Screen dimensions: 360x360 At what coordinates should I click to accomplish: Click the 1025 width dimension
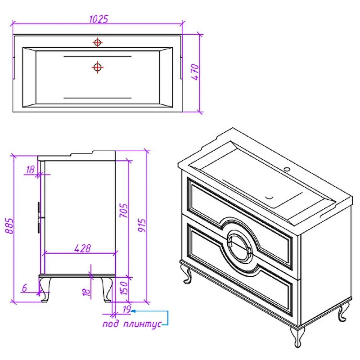(99, 19)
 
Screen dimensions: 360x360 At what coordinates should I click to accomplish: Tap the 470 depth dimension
(195, 72)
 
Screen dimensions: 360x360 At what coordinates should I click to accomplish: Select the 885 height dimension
(9, 226)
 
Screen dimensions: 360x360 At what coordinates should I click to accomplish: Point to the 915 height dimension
(142, 225)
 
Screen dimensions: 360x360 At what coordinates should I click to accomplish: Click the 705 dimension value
(123, 211)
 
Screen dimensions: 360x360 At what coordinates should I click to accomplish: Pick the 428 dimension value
(83, 248)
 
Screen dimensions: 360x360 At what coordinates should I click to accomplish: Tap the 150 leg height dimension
(124, 288)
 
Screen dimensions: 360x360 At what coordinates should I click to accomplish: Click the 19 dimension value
(127, 309)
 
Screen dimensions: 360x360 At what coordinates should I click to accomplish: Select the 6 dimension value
(24, 288)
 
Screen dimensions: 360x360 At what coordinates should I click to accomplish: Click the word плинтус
(142, 324)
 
